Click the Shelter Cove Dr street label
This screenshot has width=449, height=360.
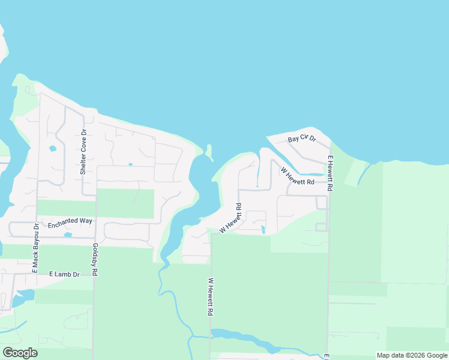(84, 152)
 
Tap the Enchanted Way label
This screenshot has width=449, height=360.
(70, 221)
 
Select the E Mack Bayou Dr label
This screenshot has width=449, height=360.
(35, 248)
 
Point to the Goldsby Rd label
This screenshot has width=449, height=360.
(95, 259)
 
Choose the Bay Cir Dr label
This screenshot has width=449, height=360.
(301, 139)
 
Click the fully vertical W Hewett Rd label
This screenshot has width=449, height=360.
(211, 297)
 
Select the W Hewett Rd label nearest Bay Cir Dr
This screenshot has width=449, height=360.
(297, 176)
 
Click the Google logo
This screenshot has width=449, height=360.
(20, 353)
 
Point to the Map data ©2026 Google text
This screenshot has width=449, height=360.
(412, 355)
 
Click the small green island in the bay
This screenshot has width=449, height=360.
(209, 151)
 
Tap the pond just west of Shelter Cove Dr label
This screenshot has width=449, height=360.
(52, 148)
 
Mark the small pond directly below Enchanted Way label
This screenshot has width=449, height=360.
(67, 235)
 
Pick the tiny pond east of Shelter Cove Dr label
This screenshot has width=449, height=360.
(130, 164)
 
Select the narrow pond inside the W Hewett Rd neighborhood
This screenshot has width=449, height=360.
(263, 229)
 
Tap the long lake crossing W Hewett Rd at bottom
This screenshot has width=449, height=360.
(246, 339)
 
